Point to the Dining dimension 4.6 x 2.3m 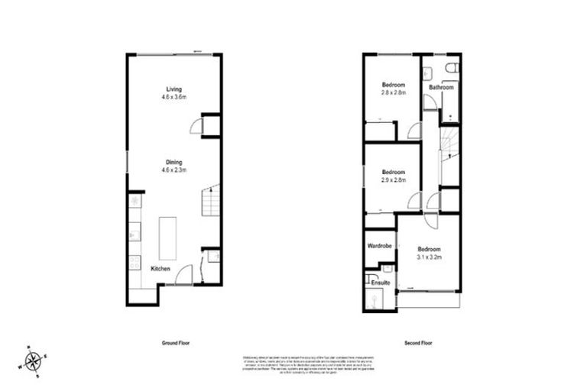[x=175, y=170]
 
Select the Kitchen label [x=160, y=269]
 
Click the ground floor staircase [x=210, y=202]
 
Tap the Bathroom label [x=441, y=87]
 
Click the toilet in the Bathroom [x=452, y=69]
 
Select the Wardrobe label [x=379, y=247]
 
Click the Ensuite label [x=381, y=283]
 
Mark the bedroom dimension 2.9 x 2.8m [x=393, y=179]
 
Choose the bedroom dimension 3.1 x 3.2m [x=429, y=257]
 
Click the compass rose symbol [x=33, y=360]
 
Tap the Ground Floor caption [x=175, y=344]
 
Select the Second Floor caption [x=418, y=344]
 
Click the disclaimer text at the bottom [x=294, y=364]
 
